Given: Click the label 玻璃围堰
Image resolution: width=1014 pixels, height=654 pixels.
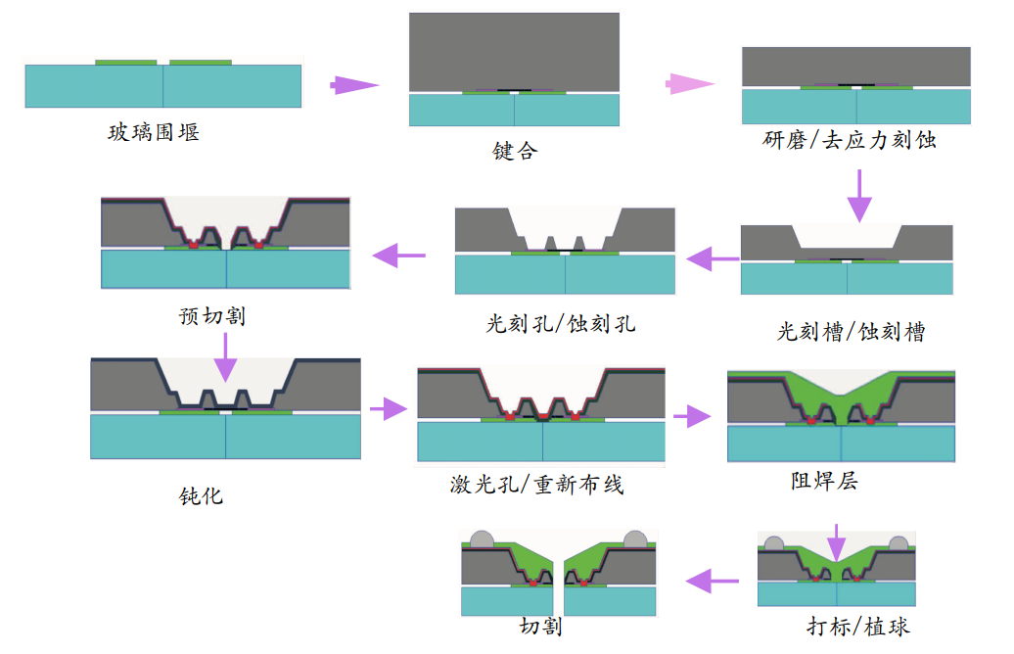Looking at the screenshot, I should click(154, 131).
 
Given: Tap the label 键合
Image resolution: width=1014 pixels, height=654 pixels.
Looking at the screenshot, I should click(515, 152).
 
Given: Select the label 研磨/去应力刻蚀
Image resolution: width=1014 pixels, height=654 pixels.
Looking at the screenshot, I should click(849, 140).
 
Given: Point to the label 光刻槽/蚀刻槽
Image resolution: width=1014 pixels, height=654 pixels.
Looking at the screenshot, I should click(851, 332).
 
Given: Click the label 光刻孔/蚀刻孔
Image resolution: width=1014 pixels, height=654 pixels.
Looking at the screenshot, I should click(561, 323).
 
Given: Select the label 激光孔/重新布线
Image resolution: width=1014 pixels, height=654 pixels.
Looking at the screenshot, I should click(532, 484).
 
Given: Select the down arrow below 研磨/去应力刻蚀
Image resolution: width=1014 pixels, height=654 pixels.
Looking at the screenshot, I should click(858, 195).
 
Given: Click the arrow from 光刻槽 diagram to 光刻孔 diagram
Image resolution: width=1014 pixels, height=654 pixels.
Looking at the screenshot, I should click(713, 259).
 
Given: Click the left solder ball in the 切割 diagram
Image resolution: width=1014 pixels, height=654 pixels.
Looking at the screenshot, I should click(482, 539).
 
